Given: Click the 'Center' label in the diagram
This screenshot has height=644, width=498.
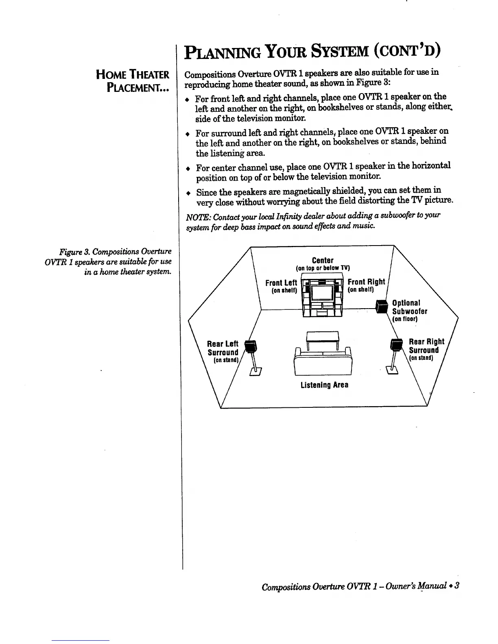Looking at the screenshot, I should [323, 260].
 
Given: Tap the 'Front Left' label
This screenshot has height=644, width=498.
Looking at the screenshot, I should [281, 283].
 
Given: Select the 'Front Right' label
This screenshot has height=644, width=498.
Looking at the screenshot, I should [366, 282].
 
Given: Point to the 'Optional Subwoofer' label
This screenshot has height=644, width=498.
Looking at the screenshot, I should [409, 307].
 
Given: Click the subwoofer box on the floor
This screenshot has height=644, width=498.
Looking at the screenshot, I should [381, 307].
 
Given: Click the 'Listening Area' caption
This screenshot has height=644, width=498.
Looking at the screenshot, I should [324, 385].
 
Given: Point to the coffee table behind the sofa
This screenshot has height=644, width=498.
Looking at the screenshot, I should [323, 337].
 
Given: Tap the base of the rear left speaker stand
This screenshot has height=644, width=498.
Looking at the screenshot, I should [256, 370].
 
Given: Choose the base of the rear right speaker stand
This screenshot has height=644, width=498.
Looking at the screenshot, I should [393, 369].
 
